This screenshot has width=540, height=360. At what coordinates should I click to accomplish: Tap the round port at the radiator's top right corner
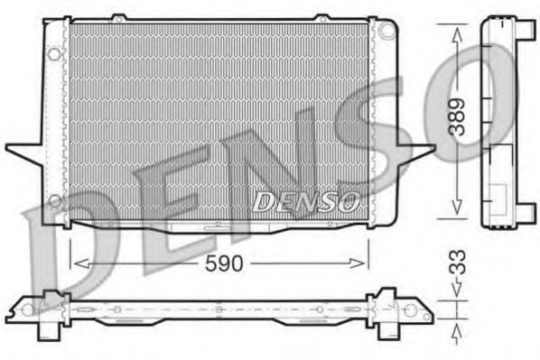tap(388, 29)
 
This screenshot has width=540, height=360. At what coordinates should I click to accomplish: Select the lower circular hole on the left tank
tap(55, 199)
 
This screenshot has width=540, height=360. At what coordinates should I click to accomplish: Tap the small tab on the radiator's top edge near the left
tap(117, 16)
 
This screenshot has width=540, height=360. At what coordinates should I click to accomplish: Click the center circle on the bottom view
tap(219, 309)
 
